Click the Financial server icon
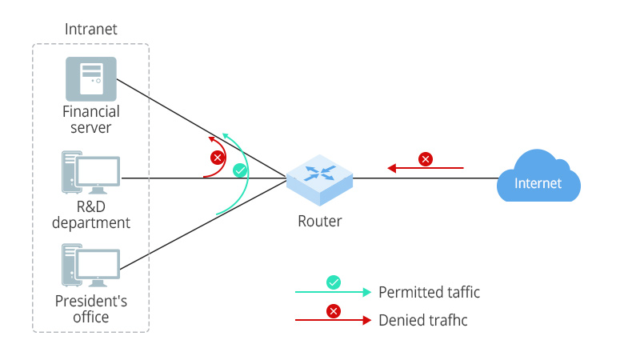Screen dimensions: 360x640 [90, 78]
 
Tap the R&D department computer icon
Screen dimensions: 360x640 [90, 173]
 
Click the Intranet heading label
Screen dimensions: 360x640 [90, 30]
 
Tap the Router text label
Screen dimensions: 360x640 [319, 222]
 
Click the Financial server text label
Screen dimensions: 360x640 [90, 119]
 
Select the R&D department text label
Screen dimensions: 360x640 [90, 214]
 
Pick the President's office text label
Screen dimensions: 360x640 [90, 309]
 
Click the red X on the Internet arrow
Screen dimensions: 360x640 [426, 159]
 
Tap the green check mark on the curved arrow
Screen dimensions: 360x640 [239, 170]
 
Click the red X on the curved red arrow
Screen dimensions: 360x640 [215, 157]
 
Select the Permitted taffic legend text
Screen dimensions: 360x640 [429, 292]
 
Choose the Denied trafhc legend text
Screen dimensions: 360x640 [422, 320]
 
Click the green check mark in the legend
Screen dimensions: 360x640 [334, 282]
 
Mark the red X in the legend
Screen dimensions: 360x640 [334, 311]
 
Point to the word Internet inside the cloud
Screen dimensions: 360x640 [538, 183]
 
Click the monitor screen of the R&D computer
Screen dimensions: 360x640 [98, 170]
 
